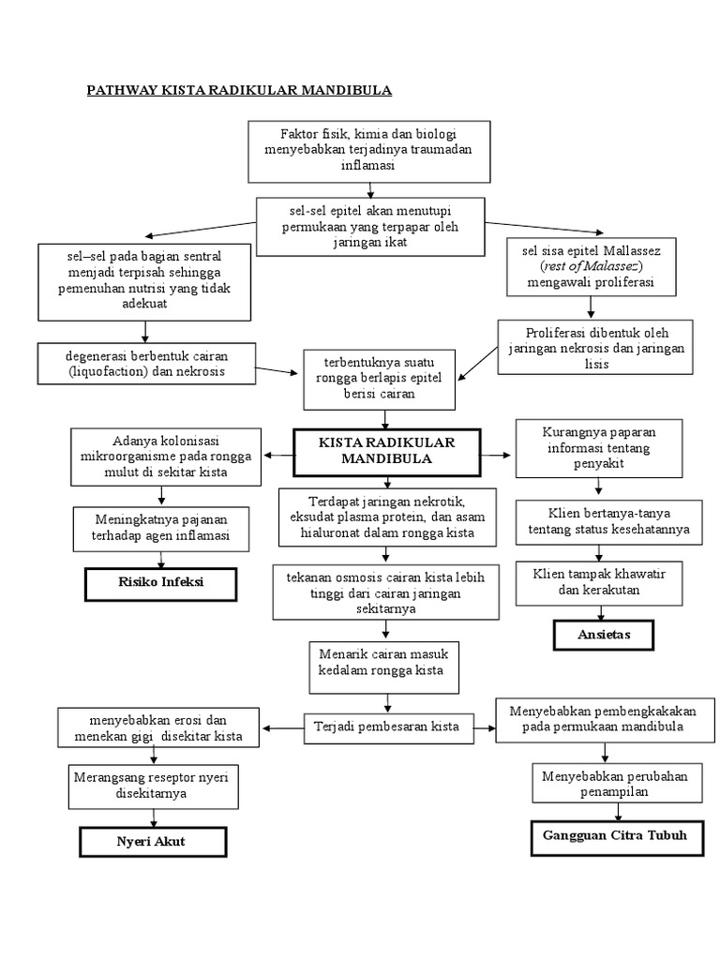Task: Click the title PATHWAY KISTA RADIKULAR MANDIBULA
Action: [x=239, y=90]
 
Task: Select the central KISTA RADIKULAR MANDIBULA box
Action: [x=386, y=452]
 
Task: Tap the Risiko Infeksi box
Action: [x=160, y=583]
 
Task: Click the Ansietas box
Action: [x=604, y=635]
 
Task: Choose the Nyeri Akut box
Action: [x=152, y=841]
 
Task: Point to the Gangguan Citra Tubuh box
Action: [x=616, y=834]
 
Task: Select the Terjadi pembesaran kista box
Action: [x=386, y=727]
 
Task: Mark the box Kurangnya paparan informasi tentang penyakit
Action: [x=599, y=446]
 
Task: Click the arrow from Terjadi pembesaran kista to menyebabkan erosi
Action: [x=283, y=727]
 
